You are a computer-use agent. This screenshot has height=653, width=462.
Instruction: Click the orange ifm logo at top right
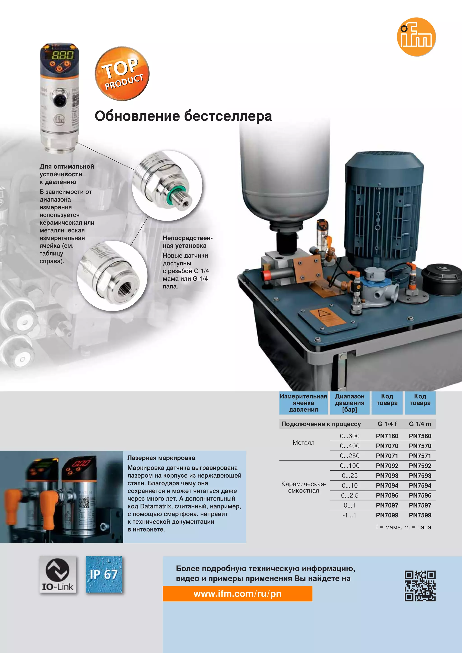[416, 37]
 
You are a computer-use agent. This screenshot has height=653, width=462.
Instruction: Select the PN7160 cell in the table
[387, 436]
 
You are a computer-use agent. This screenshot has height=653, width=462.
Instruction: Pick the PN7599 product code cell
[420, 515]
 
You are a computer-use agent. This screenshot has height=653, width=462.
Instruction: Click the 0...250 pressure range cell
[349, 456]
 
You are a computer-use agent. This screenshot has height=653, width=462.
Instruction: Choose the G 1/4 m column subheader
[420, 424]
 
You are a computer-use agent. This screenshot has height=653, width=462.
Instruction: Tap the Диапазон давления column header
[349, 403]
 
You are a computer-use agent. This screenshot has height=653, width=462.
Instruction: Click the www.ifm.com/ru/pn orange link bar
[237, 593]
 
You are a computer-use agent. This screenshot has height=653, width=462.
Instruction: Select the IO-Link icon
[58, 574]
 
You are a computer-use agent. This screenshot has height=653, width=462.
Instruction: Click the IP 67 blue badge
[104, 574]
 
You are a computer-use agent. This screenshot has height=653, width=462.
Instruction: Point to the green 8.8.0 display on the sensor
[62, 55]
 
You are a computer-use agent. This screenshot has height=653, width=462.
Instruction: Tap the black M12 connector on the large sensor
[60, 99]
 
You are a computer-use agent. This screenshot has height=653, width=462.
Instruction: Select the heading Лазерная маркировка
[161, 458]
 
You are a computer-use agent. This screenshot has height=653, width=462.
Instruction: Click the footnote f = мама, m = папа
[403, 527]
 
